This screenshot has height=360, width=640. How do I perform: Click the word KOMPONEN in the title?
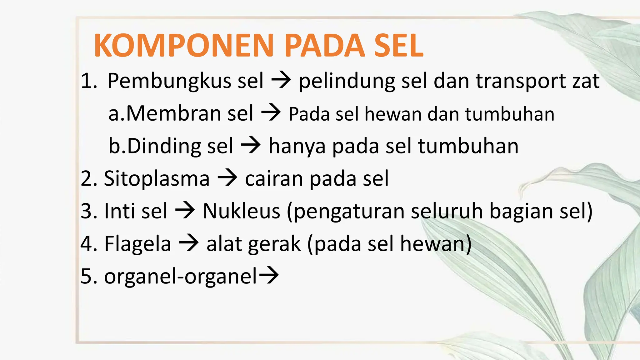pyautogui.click(x=184, y=46)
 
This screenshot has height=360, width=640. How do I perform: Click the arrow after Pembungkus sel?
pyautogui.click(x=281, y=81)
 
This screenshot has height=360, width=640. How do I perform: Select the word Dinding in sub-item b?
pyautogui.click(x=164, y=146)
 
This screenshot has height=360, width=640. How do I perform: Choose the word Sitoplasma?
pyautogui.click(x=157, y=179)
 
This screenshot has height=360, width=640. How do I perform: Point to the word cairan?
pyautogui.click(x=274, y=179)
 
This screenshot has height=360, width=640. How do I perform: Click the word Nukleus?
pyautogui.click(x=242, y=211)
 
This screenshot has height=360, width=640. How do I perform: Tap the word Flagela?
pyautogui.click(x=137, y=244)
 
